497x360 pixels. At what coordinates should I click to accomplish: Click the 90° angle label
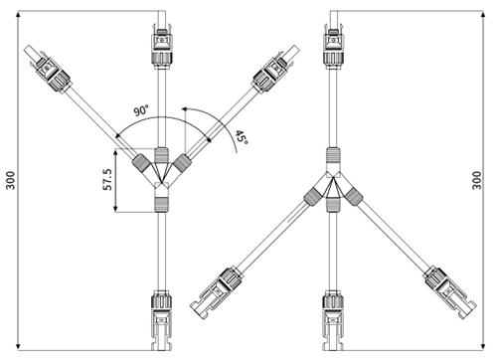pos(141,110)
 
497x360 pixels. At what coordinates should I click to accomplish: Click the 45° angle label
pos(242,138)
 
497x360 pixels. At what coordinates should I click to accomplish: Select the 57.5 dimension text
pos(107,179)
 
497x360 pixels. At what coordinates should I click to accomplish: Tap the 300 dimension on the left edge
pos(10,180)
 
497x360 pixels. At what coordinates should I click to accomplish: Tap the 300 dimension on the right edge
pos(476,180)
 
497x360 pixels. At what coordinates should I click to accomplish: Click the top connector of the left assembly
pos(162,47)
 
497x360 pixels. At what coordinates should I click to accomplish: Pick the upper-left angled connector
pos(50,70)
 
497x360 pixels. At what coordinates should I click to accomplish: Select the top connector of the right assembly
pos(333,47)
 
